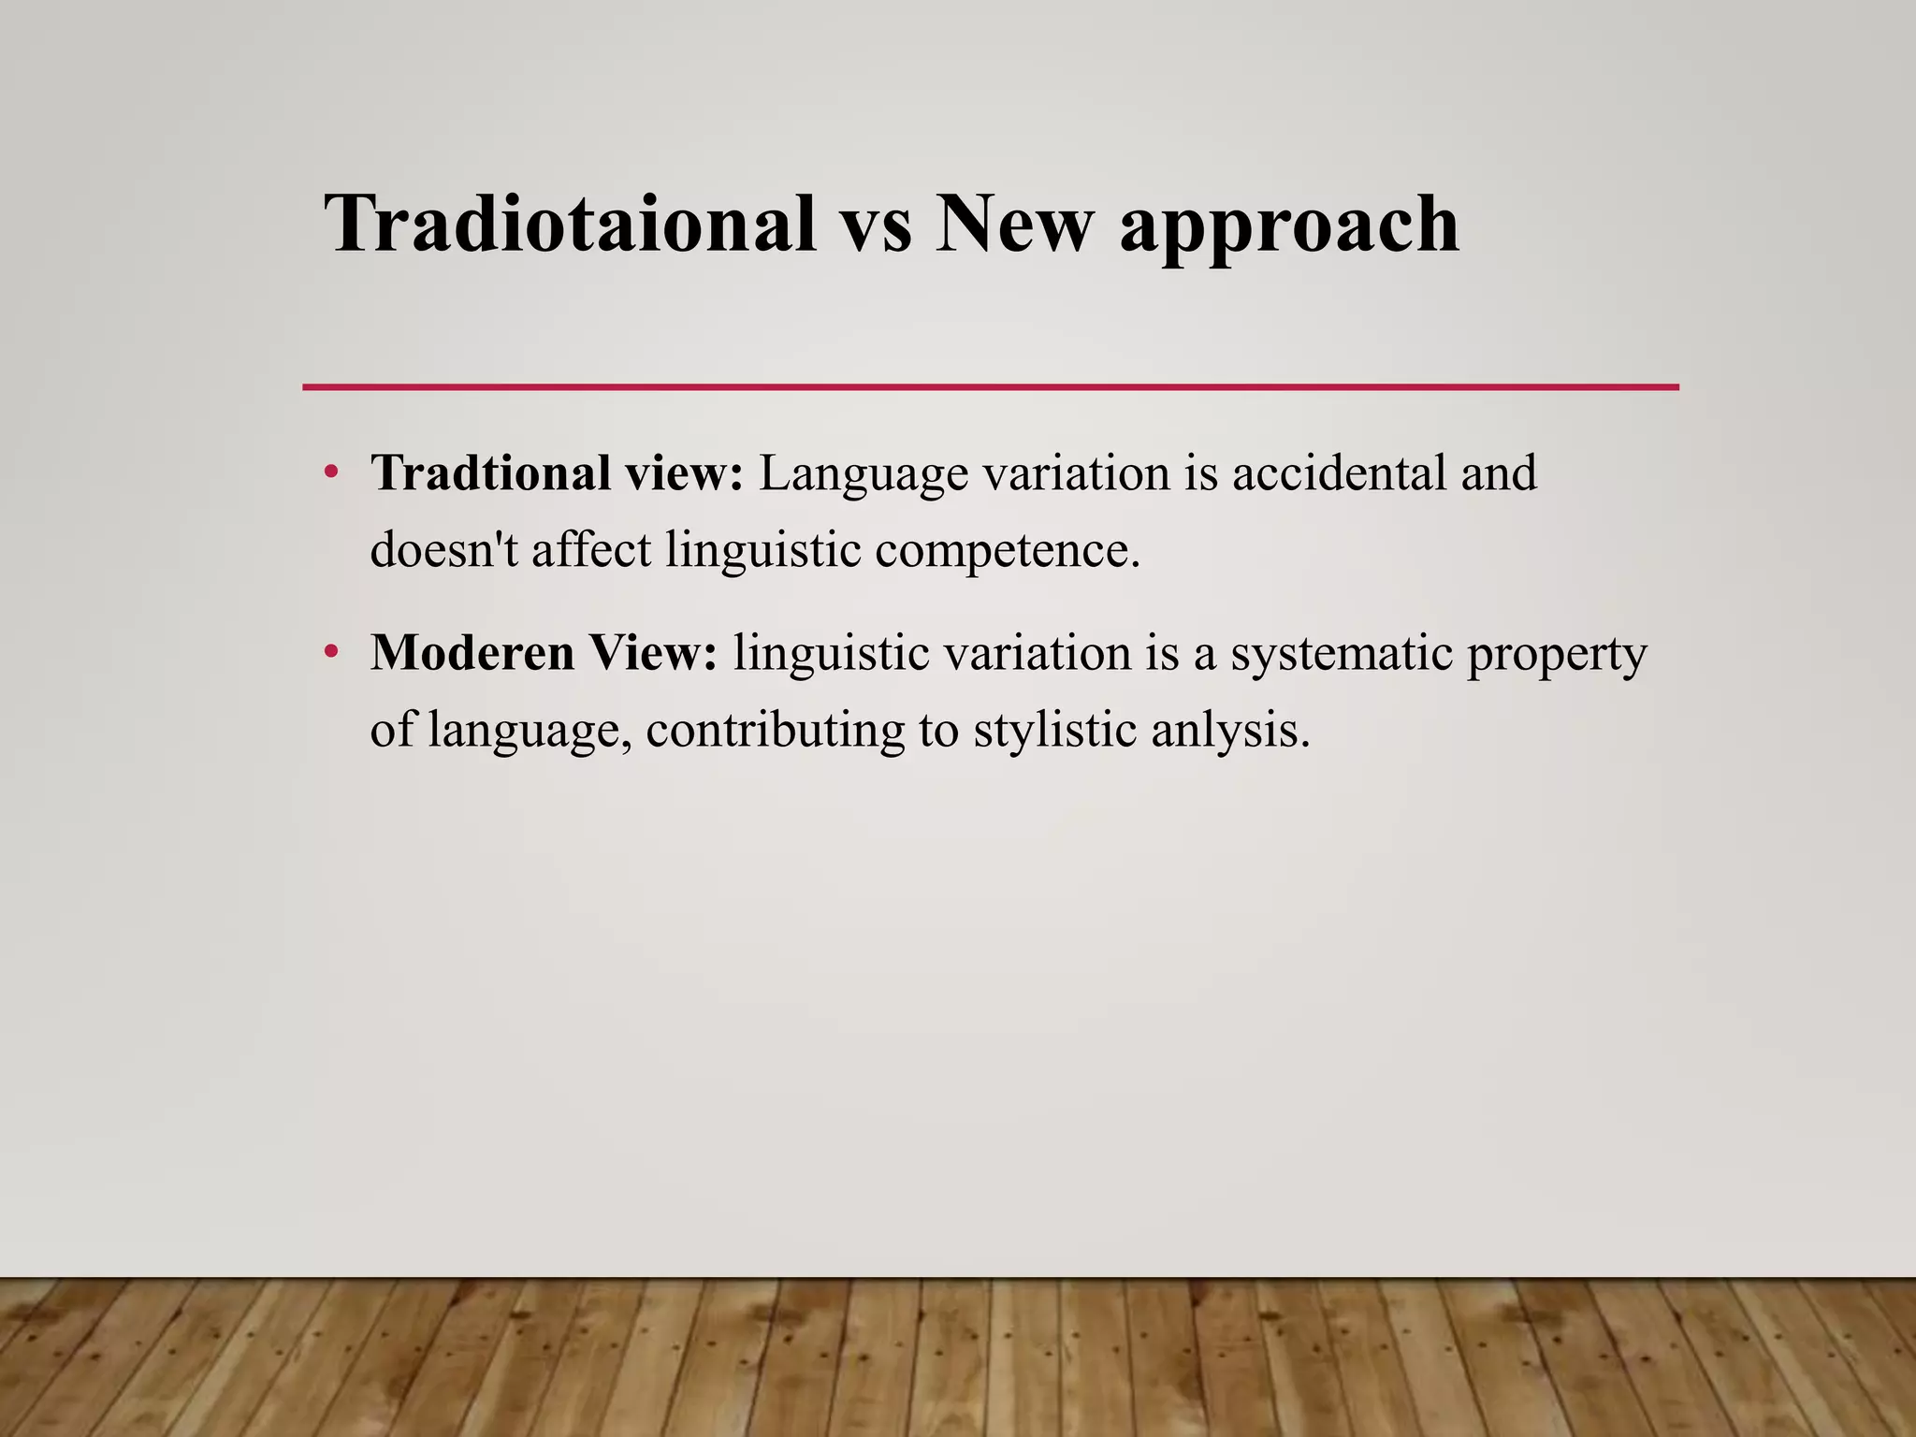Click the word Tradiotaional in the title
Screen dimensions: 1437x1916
pyautogui.click(x=570, y=225)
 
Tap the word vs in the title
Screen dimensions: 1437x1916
pyautogui.click(x=877, y=225)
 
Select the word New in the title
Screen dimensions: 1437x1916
pyautogui.click(x=1014, y=225)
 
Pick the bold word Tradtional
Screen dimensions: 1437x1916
pyautogui.click(x=491, y=472)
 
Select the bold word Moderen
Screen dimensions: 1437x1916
pyautogui.click(x=472, y=652)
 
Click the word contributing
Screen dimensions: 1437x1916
pyautogui.click(x=775, y=731)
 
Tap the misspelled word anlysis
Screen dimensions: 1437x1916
pyautogui.click(x=1229, y=731)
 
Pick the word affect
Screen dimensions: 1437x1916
pyautogui.click(x=591, y=549)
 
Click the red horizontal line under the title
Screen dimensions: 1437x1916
pyautogui.click(x=990, y=386)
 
